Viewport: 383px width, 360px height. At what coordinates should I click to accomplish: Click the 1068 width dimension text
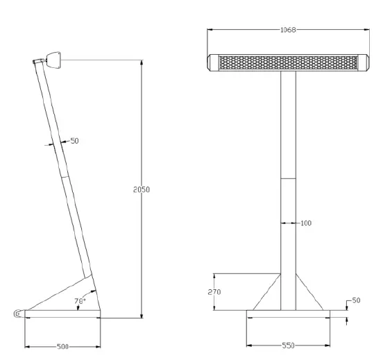288,30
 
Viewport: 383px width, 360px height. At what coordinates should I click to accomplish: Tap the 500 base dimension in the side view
63,345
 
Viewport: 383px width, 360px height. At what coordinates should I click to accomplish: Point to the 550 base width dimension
289,345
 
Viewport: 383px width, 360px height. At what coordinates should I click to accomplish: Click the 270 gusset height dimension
215,292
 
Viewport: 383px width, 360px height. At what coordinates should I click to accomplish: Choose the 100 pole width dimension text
305,223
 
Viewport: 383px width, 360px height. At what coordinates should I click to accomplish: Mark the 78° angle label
80,302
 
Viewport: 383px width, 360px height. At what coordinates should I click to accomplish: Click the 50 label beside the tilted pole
74,141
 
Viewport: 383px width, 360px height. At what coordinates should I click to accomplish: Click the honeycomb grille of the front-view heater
288,62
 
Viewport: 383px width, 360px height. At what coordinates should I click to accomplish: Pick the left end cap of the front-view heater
213,62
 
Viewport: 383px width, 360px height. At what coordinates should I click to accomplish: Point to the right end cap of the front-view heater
363,62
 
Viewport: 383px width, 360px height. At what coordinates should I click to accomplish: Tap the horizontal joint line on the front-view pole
289,178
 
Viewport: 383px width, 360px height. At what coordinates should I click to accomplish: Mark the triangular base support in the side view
69,295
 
